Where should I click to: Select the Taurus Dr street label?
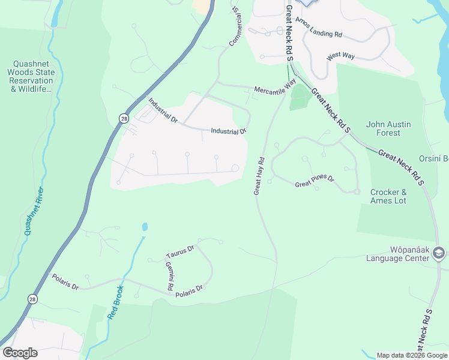(180, 251)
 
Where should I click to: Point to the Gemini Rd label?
(169, 274)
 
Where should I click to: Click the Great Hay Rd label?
(259, 176)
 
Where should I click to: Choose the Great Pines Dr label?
(314, 182)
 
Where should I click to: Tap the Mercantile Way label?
(275, 87)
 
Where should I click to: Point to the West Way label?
(342, 55)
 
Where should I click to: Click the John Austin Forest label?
(389, 128)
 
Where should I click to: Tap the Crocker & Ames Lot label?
(388, 196)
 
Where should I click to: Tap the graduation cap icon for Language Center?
(438, 254)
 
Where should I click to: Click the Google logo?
(20, 353)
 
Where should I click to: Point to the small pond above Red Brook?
(144, 227)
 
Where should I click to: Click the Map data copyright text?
(412, 355)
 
